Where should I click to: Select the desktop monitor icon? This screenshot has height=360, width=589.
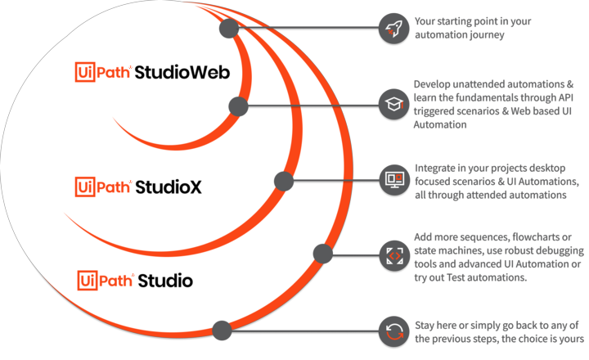point(393,178)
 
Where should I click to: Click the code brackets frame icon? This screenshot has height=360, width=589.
point(393,255)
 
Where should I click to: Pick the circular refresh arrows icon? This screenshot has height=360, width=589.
point(393,331)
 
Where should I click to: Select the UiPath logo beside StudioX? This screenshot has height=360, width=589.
point(102,187)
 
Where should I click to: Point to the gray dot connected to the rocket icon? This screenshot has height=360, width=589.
point(228,29)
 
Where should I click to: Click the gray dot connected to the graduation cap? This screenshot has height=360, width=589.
point(238,106)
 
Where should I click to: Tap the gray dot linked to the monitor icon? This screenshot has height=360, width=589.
point(284,181)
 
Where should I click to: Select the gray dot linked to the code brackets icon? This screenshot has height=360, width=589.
point(322,254)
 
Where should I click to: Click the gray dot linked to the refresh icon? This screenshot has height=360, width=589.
point(221,331)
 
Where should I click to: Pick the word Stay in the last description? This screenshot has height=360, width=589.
point(426,326)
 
